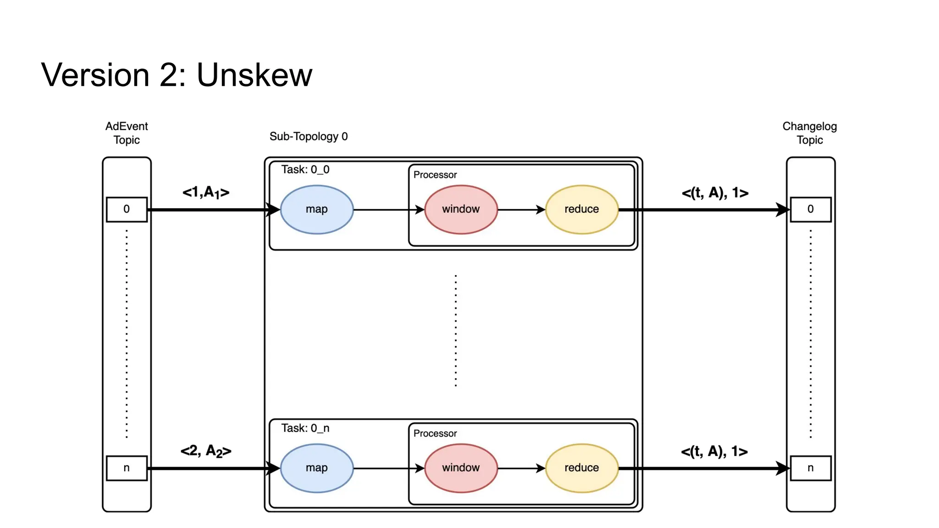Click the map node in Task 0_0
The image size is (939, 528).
(x=316, y=209)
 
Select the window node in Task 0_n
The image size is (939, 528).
(x=461, y=468)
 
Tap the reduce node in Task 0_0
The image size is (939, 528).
(x=581, y=209)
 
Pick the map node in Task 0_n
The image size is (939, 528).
(x=316, y=468)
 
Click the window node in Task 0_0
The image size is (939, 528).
(x=461, y=209)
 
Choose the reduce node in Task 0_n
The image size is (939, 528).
(x=581, y=468)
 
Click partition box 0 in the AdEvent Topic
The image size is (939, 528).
(x=127, y=209)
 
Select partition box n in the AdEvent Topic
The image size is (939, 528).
(x=127, y=468)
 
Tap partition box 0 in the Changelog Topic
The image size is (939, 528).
(x=810, y=209)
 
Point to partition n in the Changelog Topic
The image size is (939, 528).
(x=810, y=468)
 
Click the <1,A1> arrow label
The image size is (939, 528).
(x=206, y=192)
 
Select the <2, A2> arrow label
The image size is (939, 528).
(x=206, y=451)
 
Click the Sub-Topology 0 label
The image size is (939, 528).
(x=309, y=137)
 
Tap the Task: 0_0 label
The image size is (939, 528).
(x=305, y=170)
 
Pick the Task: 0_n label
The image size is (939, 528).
(x=305, y=428)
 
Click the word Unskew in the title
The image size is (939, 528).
(x=254, y=75)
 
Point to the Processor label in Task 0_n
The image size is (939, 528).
(x=435, y=434)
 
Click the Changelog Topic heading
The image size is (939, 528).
(x=809, y=133)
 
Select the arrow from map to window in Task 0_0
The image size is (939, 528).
(x=389, y=210)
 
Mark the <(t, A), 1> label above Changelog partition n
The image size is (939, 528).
(x=714, y=451)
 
